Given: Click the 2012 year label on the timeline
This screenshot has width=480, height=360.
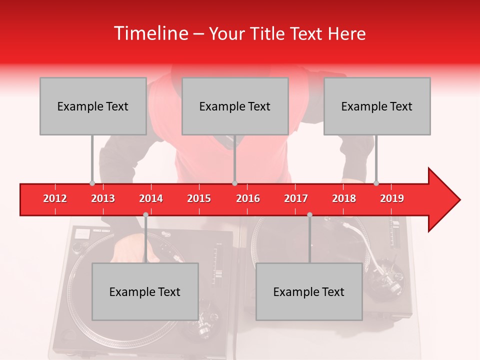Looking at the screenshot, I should (55, 198).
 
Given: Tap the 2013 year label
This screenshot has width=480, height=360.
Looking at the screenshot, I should (103, 198).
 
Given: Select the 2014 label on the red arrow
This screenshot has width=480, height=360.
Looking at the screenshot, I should (151, 198).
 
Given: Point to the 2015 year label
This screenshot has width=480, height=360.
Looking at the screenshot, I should (199, 198).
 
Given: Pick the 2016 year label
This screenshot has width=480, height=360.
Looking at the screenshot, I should (247, 198).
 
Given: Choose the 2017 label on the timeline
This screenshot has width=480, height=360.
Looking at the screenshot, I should (296, 198).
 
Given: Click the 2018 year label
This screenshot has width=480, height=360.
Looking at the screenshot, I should (344, 198).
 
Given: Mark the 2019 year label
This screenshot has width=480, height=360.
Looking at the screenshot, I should (392, 198).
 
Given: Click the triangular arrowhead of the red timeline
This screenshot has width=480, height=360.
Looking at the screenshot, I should (443, 199).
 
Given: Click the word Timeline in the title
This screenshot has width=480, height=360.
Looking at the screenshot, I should (150, 33).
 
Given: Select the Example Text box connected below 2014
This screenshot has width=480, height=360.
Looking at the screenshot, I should (145, 291).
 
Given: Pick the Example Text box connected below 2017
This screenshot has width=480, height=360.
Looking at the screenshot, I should (309, 291).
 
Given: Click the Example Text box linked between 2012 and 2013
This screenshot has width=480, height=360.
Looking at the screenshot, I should (93, 106).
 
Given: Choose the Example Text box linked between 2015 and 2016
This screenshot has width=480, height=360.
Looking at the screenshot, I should (235, 106).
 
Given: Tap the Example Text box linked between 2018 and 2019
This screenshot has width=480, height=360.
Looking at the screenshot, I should (377, 106).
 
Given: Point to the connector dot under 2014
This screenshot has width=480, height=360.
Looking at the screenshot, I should (145, 214).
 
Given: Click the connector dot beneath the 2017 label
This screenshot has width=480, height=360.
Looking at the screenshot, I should (309, 214).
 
